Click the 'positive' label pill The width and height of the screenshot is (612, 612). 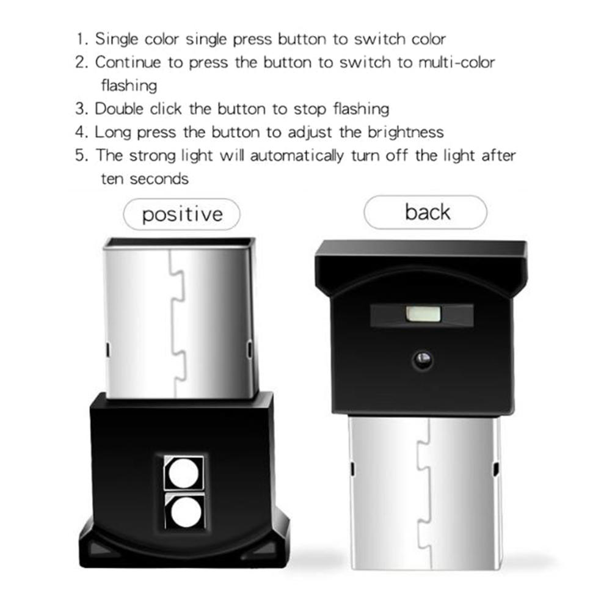[181, 214]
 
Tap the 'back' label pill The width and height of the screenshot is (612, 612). [426, 212]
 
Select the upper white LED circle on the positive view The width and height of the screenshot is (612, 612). [184, 473]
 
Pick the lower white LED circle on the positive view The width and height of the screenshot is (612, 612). [186, 512]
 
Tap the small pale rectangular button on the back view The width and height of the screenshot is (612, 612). [423, 314]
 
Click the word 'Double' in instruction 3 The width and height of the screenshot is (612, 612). [120, 109]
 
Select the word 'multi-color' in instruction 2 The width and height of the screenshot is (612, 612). [457, 62]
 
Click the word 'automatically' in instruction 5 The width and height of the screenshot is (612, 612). [297, 156]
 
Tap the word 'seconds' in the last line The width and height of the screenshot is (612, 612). [159, 179]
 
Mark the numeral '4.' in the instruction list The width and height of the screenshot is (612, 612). [82, 133]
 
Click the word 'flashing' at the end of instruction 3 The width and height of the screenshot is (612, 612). [362, 109]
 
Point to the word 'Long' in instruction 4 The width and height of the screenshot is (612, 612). [113, 133]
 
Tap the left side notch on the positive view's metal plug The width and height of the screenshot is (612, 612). [107, 349]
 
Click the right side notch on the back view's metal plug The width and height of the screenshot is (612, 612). [496, 470]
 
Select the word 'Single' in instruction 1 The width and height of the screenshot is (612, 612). [117, 40]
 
